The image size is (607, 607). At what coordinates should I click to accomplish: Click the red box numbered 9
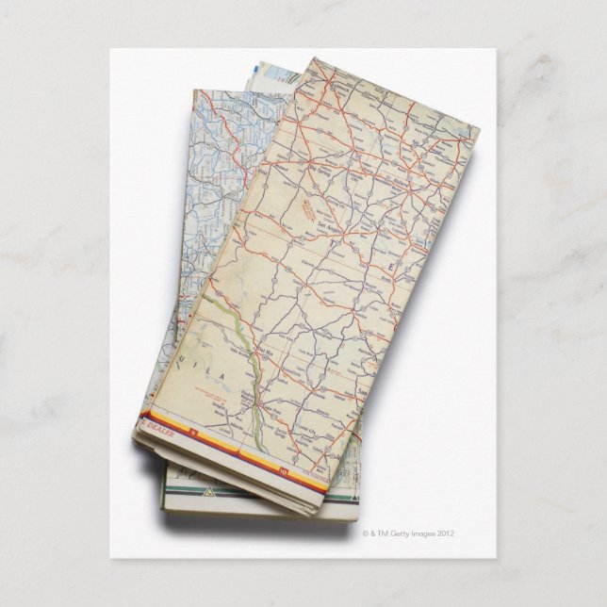coord(194,435)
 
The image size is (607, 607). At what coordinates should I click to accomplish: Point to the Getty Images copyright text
coord(408,533)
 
